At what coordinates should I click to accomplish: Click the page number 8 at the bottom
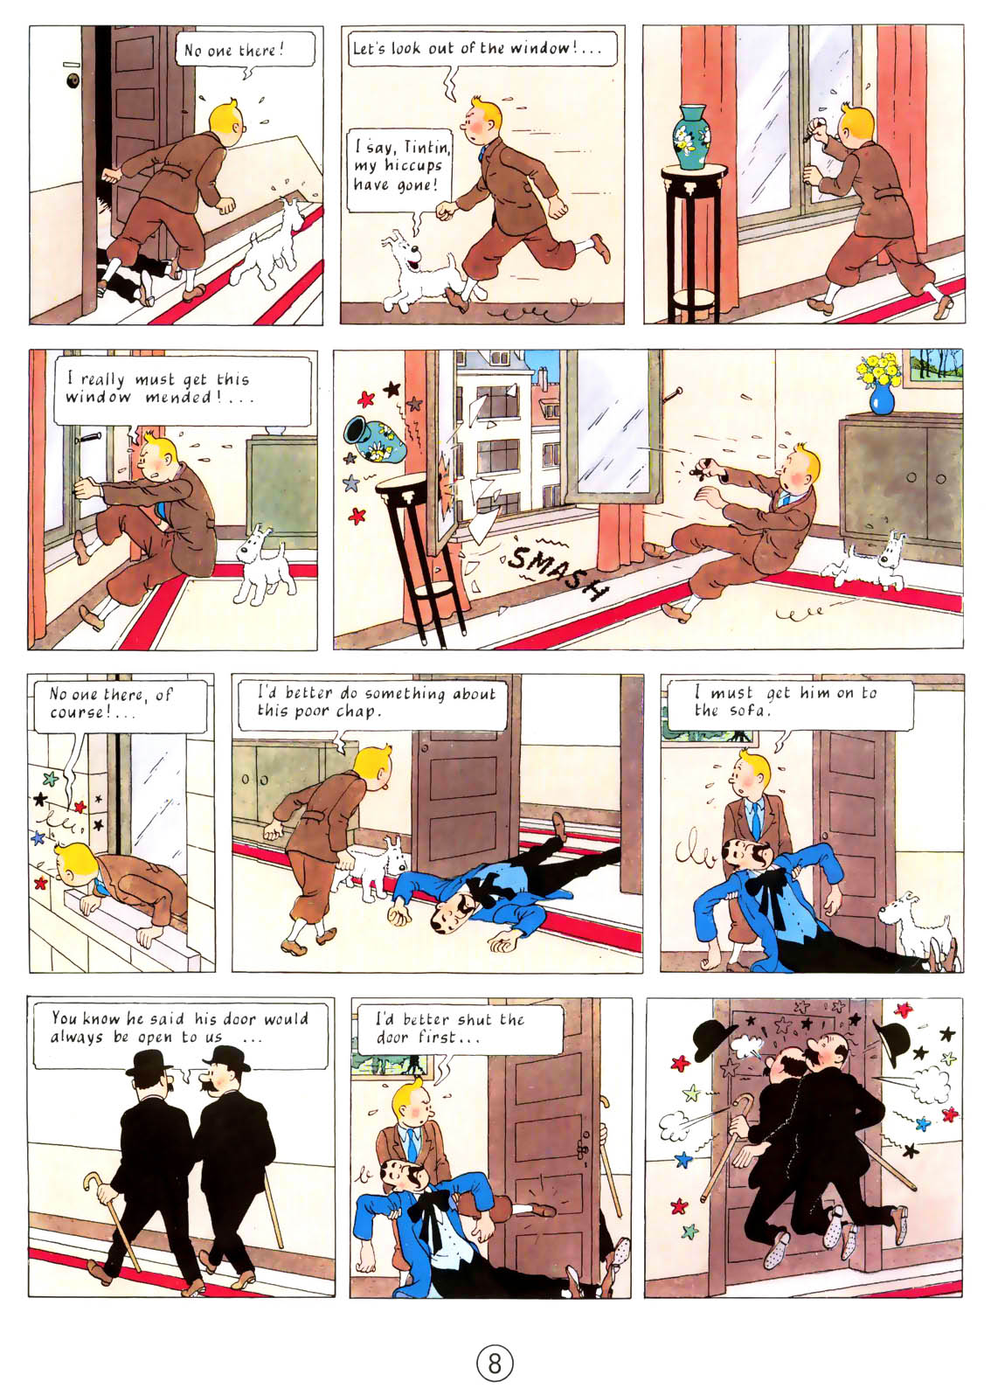tap(495, 1363)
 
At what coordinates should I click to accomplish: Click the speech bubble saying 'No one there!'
tap(233, 50)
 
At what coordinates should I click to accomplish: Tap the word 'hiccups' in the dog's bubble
tap(412, 166)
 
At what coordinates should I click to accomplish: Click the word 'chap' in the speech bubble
tap(357, 711)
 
